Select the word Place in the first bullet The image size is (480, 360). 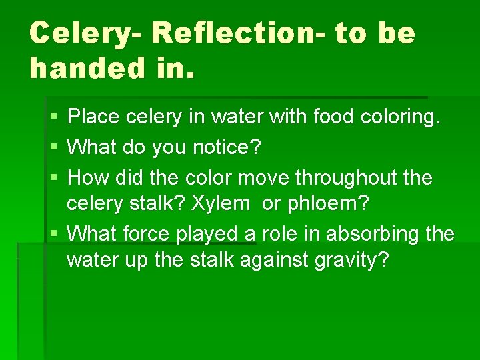[x=95, y=117]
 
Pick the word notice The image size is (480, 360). [x=229, y=147]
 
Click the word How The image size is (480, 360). [x=89, y=178]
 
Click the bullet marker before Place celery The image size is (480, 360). [x=53, y=117]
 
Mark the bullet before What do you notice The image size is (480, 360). [x=53, y=147]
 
